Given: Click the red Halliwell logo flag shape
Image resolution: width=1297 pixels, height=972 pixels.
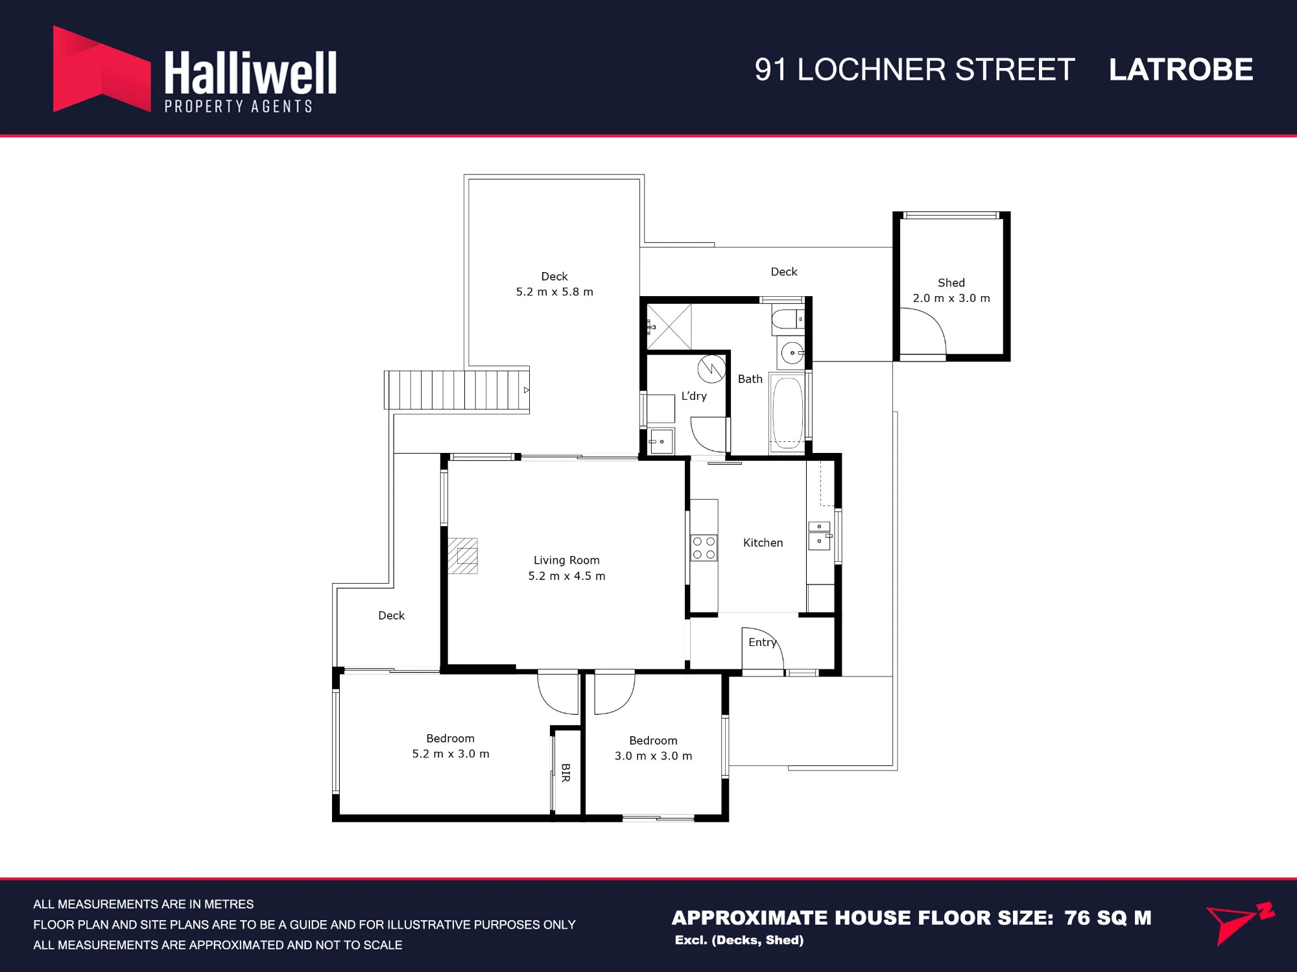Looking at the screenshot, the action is [101, 69].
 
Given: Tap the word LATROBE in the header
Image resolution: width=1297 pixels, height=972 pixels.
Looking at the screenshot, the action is [1181, 70].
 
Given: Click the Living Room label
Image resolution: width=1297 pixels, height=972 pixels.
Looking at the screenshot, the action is [567, 560].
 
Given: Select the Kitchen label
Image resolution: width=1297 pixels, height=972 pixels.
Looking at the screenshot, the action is [763, 542].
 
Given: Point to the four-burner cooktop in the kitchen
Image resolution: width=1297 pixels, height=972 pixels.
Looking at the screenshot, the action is [704, 548].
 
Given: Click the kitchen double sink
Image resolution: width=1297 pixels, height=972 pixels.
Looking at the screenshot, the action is [820, 536].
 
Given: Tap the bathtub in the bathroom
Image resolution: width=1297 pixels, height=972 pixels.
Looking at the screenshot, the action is [788, 413].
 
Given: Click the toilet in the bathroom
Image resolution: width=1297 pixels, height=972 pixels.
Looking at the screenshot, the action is [788, 320].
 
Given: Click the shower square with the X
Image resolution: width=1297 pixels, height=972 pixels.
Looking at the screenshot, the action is [669, 327].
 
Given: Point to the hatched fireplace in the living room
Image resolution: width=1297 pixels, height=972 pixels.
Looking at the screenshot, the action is [463, 556].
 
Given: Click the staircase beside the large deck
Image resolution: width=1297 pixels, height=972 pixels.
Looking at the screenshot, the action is [457, 390].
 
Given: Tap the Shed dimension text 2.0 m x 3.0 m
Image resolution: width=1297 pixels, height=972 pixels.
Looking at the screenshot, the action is [951, 298].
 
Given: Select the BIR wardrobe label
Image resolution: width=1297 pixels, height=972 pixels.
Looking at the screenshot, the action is [565, 772].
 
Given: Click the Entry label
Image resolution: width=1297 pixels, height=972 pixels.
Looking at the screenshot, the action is [762, 642].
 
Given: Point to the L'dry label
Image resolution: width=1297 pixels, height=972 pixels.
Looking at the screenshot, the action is [694, 396].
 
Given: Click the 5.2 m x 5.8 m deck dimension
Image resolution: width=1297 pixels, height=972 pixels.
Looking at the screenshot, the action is [554, 292].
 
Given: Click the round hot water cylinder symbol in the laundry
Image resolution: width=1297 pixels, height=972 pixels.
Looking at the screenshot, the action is [711, 369].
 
